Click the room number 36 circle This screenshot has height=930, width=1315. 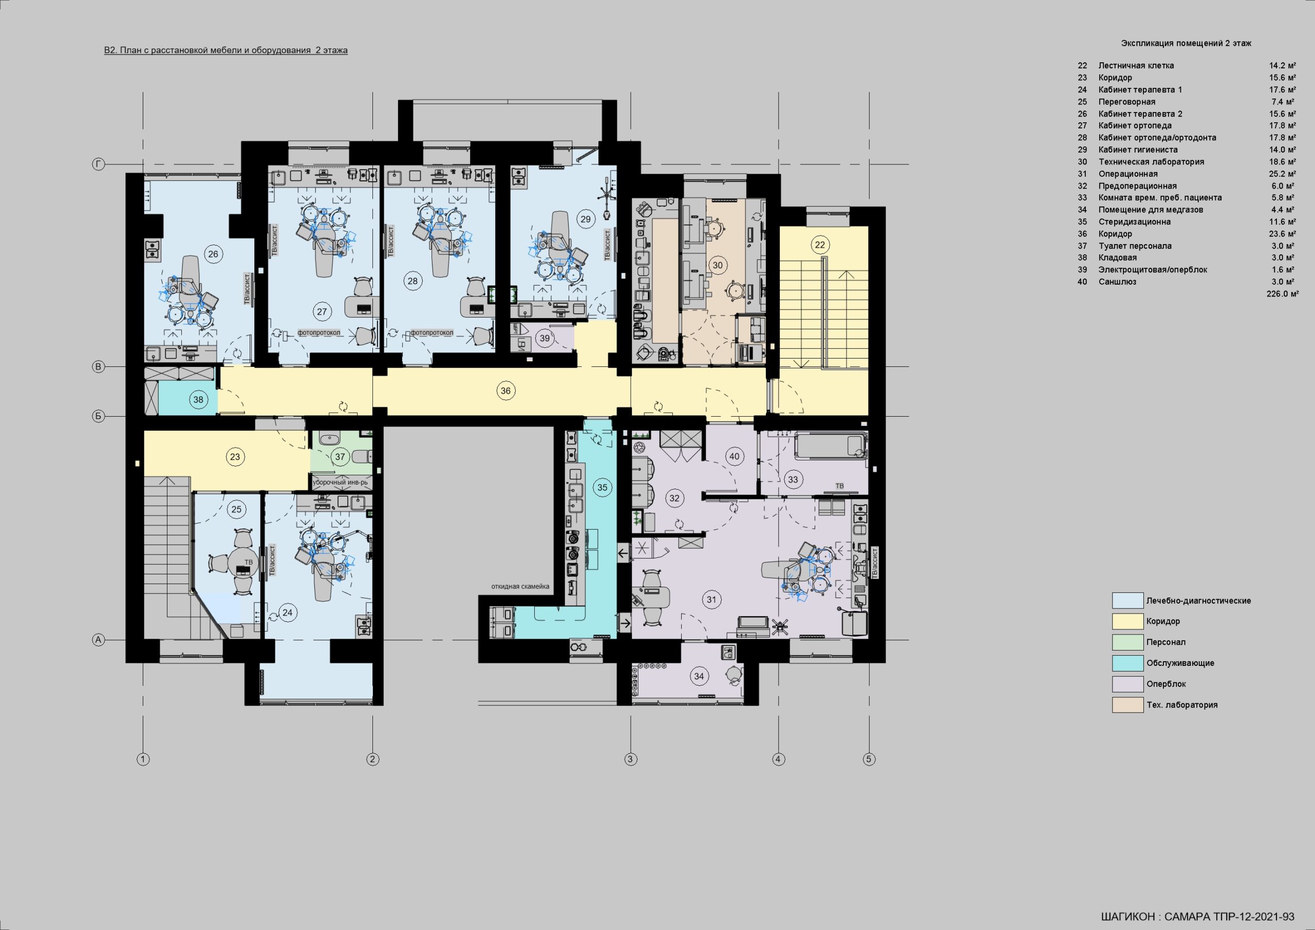[505, 391]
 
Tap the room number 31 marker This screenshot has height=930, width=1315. [711, 600]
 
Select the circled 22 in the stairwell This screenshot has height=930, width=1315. [820, 245]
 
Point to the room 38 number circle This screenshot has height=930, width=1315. [198, 399]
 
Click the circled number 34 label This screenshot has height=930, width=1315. [699, 676]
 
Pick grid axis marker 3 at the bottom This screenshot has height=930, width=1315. [631, 759]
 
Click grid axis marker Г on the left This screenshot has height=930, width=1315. [99, 165]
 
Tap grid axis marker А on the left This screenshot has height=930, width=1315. [99, 640]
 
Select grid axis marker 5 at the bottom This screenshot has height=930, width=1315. [869, 759]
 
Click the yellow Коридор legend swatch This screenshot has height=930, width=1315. [1127, 621]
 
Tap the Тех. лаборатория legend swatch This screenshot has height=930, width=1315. [1127, 705]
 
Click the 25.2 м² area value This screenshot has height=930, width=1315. [1282, 174]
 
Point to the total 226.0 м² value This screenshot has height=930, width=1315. [1282, 294]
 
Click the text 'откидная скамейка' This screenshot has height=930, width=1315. [520, 586]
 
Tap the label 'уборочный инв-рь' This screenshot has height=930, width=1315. [340, 482]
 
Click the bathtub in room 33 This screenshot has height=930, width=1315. [831, 446]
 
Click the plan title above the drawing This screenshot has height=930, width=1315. [226, 50]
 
